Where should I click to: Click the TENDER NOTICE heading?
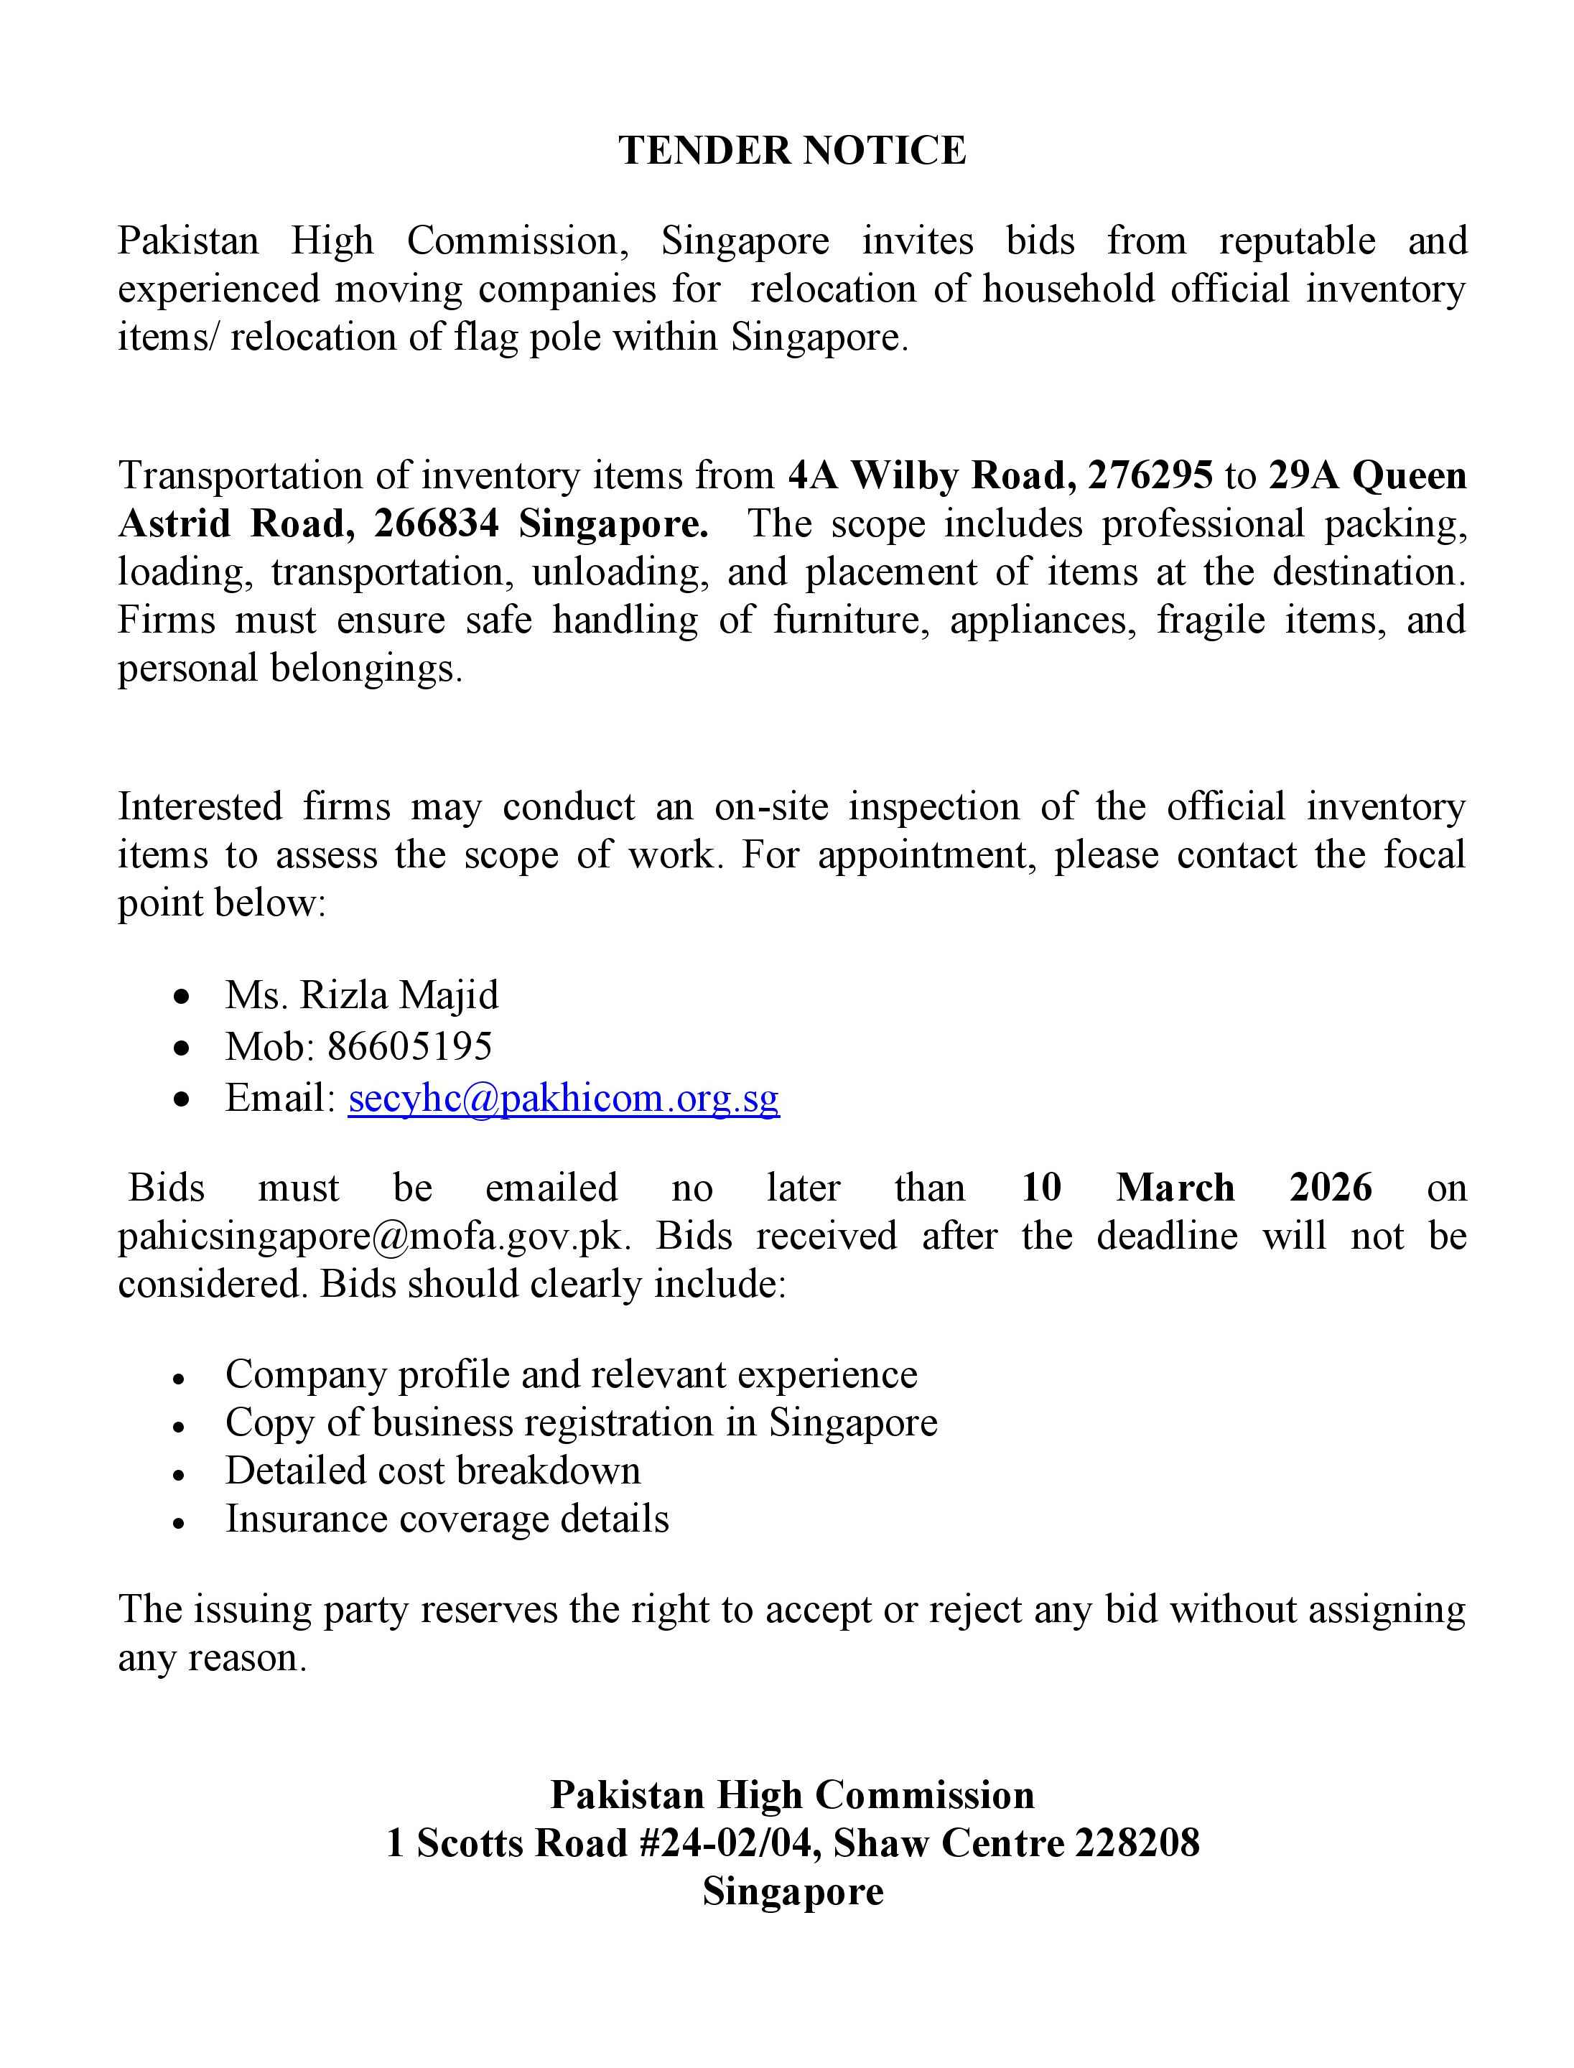pos(792,151)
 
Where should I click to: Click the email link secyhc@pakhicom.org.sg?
pos(563,1098)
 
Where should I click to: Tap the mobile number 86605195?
pos(409,1047)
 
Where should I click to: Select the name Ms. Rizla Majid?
pos(362,995)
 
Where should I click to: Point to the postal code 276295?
pos(1150,476)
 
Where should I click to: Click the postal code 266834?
pos(437,523)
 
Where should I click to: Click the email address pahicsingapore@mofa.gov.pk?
pos(370,1236)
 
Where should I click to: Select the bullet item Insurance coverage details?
pos(447,1519)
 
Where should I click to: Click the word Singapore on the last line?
pos(793,1891)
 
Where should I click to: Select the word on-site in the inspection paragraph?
pos(771,807)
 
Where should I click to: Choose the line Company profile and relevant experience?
pos(572,1374)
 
